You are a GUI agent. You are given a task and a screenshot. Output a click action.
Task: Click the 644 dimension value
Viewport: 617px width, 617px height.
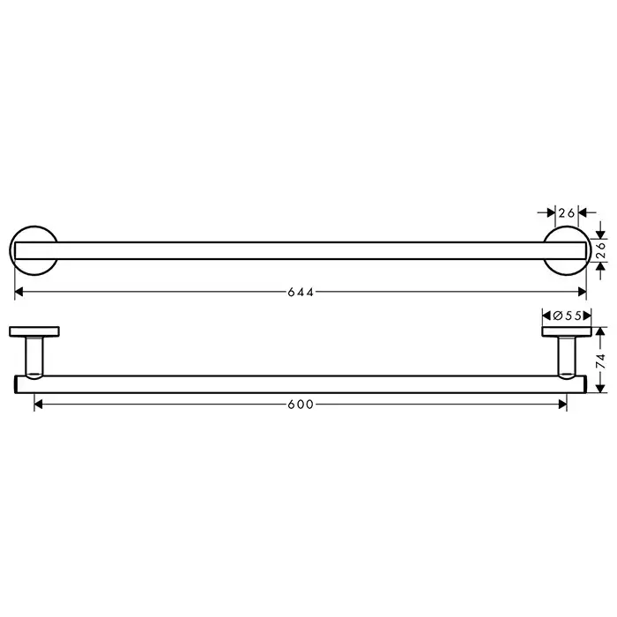pyautogui.click(x=301, y=292)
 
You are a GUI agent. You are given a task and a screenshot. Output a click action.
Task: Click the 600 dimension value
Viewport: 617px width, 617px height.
pyautogui.click(x=301, y=404)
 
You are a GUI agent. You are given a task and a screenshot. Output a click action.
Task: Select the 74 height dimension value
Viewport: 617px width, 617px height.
pyautogui.click(x=601, y=361)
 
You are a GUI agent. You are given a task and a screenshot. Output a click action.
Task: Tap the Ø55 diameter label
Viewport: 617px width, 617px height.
pyautogui.click(x=567, y=316)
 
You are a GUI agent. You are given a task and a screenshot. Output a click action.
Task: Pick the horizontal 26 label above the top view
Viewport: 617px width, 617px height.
pyautogui.click(x=567, y=213)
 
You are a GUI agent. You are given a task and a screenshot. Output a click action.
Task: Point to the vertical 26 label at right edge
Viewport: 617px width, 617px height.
pyautogui.click(x=602, y=251)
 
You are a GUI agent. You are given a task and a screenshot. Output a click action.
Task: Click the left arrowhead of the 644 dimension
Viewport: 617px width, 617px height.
pyautogui.click(x=19, y=292)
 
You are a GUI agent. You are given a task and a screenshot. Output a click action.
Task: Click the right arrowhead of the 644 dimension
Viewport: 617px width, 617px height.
pyautogui.click(x=583, y=292)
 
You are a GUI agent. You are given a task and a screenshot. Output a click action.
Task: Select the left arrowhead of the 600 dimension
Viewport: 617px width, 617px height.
pyautogui.click(x=38, y=404)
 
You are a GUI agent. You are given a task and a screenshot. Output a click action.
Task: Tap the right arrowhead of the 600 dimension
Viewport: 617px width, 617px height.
pyautogui.click(x=562, y=404)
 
